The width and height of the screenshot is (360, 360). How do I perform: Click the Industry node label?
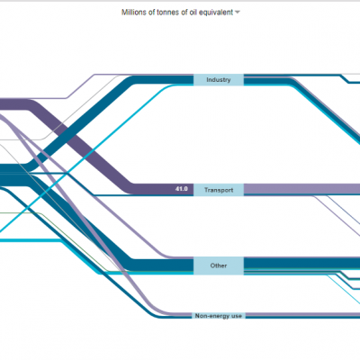(x=219, y=80)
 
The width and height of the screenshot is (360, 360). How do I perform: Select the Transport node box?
(x=219, y=190)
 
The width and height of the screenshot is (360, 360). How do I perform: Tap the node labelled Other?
(x=219, y=265)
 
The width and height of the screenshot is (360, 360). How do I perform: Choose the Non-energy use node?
(x=219, y=316)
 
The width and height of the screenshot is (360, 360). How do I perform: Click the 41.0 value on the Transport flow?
(x=182, y=189)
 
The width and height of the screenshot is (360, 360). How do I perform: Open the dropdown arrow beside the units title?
(x=238, y=13)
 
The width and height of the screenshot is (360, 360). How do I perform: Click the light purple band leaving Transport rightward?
(x=301, y=189)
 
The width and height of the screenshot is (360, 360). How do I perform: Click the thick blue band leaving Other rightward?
(x=301, y=263)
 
